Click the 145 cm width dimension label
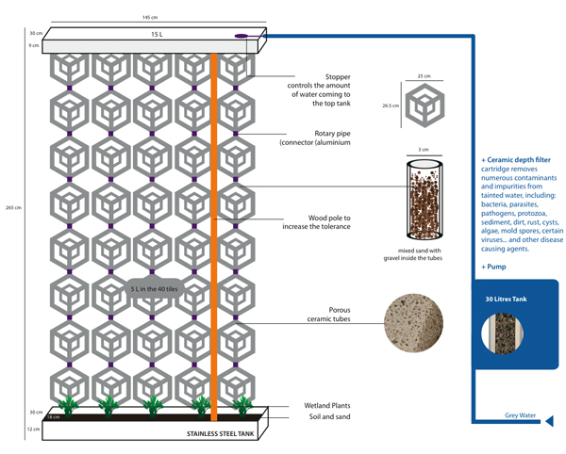point(149,17)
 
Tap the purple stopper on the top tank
point(242,36)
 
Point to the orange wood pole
point(216,235)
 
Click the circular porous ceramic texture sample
point(412,320)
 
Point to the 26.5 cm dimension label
point(389,106)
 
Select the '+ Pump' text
point(493,267)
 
